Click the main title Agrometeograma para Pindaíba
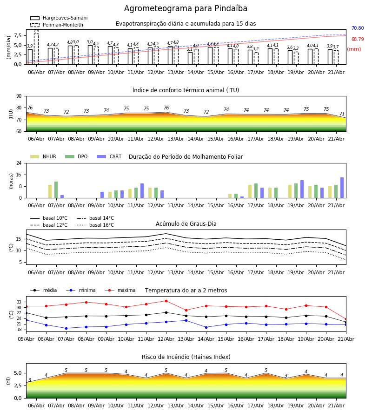(186, 8)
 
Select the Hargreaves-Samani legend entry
(59, 18)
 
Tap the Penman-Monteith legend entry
(57, 25)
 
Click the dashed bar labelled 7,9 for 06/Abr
(36, 49)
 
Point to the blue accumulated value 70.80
(357, 28)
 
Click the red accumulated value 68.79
(357, 39)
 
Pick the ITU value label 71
(342, 114)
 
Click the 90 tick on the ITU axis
(19, 96)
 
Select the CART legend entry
(109, 156)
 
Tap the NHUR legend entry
(43, 156)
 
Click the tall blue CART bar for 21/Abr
(342, 188)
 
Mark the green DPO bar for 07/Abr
(56, 190)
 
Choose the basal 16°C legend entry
(95, 225)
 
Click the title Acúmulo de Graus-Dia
(186, 224)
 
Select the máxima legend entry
(120, 290)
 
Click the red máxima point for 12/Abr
(166, 301)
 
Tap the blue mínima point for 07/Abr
(66, 328)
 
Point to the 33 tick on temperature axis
(19, 302)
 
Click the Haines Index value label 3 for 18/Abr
(286, 376)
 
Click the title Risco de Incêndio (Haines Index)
(186, 357)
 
